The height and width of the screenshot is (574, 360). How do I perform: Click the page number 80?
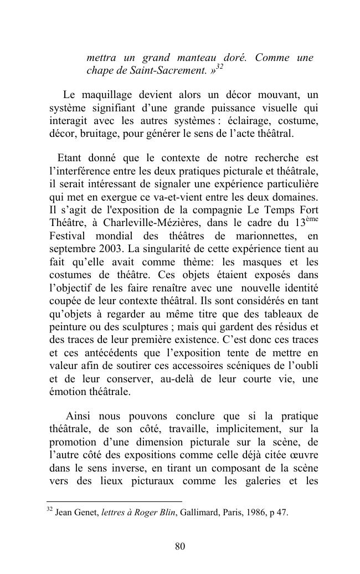tap(180, 547)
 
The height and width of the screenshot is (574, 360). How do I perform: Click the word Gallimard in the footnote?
tap(197, 512)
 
